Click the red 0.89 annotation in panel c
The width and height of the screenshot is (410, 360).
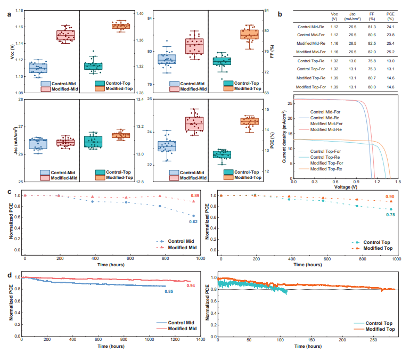pos(196,195)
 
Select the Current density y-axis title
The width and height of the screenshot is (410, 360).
pos(284,137)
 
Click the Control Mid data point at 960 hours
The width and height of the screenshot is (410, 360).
pos(193,216)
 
